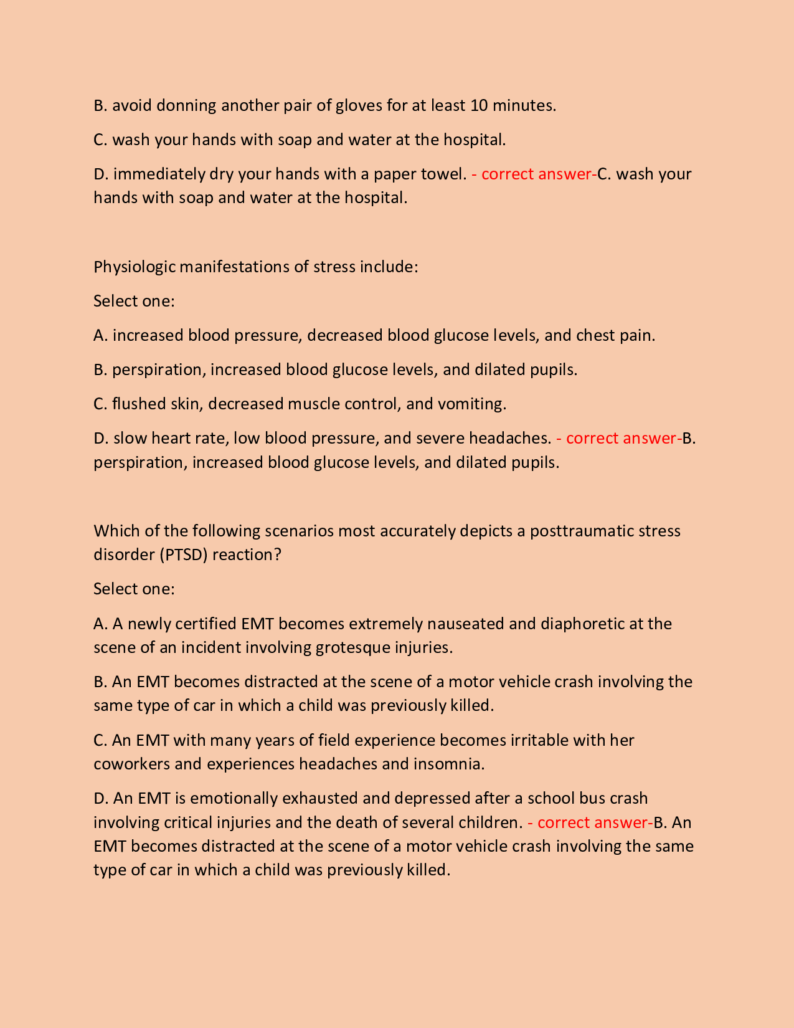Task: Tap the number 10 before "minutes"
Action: pos(479,105)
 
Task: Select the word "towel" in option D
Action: pos(442,174)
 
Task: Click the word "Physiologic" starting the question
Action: pos(134,267)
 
